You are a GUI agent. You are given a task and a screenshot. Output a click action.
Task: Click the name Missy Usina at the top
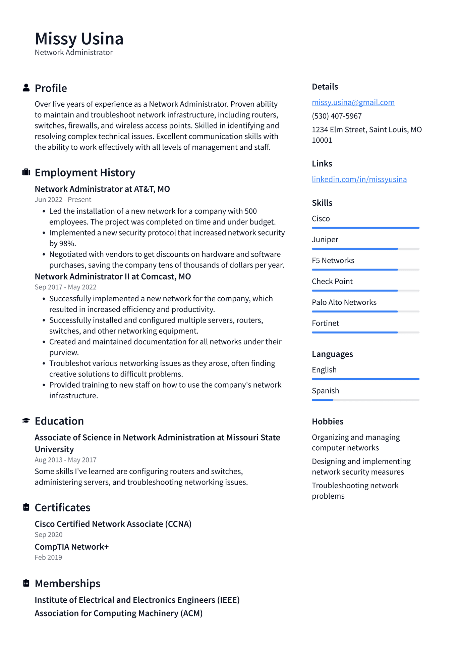click(x=79, y=39)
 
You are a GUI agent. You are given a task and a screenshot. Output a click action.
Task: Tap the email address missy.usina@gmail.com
click(x=353, y=102)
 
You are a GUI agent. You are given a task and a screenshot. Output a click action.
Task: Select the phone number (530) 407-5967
click(x=337, y=116)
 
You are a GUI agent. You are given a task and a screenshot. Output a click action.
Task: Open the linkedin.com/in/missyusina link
click(x=359, y=179)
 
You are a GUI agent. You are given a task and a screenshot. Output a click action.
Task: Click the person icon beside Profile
click(x=26, y=88)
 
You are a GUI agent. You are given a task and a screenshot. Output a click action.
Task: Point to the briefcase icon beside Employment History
click(x=26, y=172)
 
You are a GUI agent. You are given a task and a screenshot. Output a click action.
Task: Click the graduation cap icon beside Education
click(x=26, y=421)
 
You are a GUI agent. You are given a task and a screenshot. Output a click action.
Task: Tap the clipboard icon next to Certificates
click(x=26, y=507)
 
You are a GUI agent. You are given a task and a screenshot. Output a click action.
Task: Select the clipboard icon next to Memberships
click(x=26, y=583)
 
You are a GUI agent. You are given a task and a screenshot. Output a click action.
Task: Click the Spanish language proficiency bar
click(x=365, y=400)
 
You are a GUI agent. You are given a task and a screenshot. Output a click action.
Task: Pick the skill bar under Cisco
click(x=365, y=228)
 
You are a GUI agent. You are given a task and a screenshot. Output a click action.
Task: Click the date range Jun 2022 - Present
click(x=63, y=200)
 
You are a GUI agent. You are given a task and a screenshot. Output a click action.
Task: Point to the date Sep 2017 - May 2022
click(x=66, y=287)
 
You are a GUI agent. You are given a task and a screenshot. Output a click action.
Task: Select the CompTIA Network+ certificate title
click(x=72, y=547)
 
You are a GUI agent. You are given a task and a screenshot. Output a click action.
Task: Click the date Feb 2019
click(x=48, y=557)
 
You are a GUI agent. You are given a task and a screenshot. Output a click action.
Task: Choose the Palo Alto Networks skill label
click(x=344, y=302)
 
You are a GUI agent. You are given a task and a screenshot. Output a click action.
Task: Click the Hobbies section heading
click(x=328, y=421)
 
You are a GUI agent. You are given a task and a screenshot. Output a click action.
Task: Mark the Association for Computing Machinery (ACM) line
click(x=119, y=613)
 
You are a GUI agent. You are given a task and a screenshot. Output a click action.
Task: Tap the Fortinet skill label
click(x=325, y=323)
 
